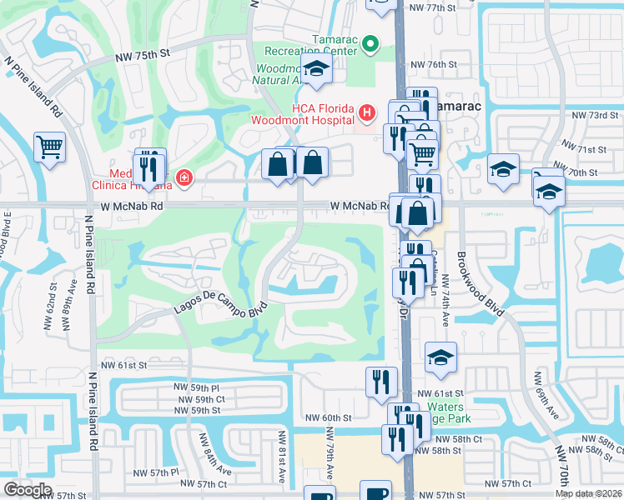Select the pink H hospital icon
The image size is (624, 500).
pos(365,112)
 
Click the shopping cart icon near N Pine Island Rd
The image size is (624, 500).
pos(50,147)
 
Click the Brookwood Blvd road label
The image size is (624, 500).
pos(481,283)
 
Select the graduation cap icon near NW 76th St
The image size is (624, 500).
pos(316,70)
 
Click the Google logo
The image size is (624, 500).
pos(28,490)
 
